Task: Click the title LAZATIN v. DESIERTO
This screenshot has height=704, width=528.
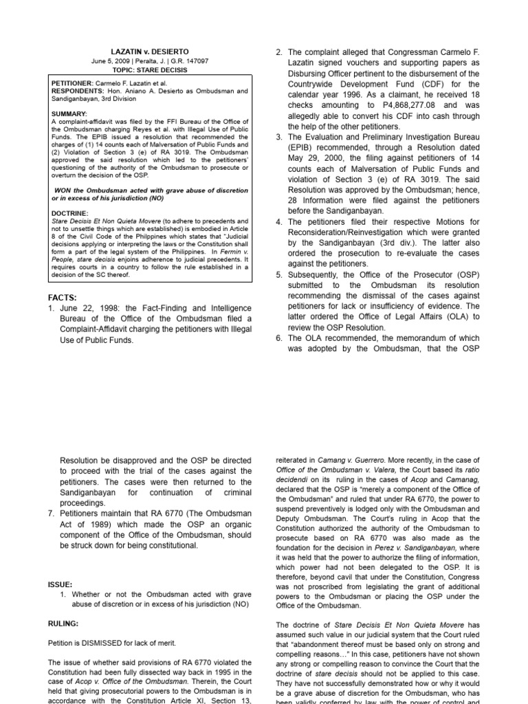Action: point(150,52)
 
